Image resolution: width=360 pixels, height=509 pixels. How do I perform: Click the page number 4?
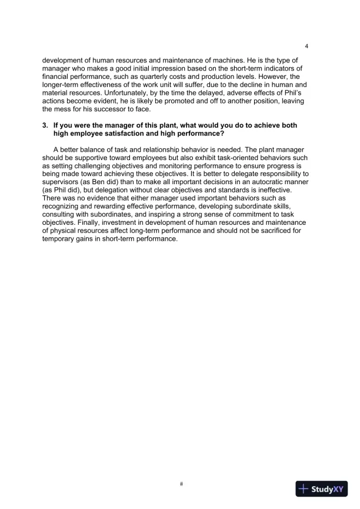(x=307, y=46)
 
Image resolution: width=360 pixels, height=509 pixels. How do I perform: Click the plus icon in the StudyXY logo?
(x=304, y=489)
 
